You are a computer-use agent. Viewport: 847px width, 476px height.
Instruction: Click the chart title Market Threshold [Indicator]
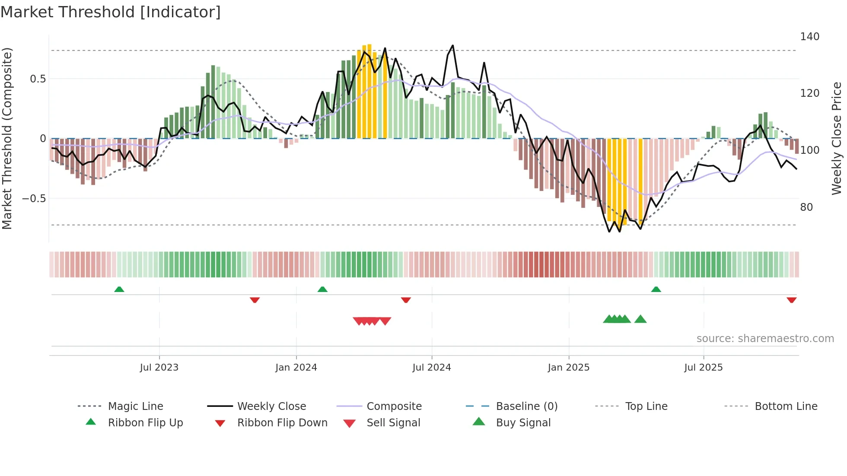(x=111, y=12)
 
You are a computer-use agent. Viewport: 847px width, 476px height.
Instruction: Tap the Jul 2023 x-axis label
(x=159, y=368)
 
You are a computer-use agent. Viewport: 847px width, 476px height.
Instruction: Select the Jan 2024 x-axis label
(x=296, y=368)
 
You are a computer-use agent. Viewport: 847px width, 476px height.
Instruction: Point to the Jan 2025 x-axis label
(x=568, y=368)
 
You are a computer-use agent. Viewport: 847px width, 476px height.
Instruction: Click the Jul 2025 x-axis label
(x=703, y=368)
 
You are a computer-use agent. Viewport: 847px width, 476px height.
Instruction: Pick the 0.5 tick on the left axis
(x=38, y=79)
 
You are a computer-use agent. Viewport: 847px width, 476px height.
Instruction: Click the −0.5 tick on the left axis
(x=34, y=199)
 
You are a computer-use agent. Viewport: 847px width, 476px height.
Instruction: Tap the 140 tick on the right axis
(x=809, y=37)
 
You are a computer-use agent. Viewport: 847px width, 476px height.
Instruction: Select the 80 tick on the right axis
(x=806, y=207)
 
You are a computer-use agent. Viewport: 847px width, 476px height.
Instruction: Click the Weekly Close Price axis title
(x=837, y=138)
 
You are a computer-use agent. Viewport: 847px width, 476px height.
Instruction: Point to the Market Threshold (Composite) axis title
(x=7, y=138)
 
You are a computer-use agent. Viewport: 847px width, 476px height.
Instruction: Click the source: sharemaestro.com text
(x=765, y=339)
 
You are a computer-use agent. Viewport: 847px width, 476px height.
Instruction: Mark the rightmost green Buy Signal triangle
(x=640, y=319)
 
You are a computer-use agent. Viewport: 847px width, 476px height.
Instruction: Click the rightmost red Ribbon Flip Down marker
(x=791, y=300)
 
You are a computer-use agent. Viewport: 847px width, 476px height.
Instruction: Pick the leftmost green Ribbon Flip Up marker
(x=119, y=289)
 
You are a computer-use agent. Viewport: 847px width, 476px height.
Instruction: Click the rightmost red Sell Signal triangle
(x=385, y=321)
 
